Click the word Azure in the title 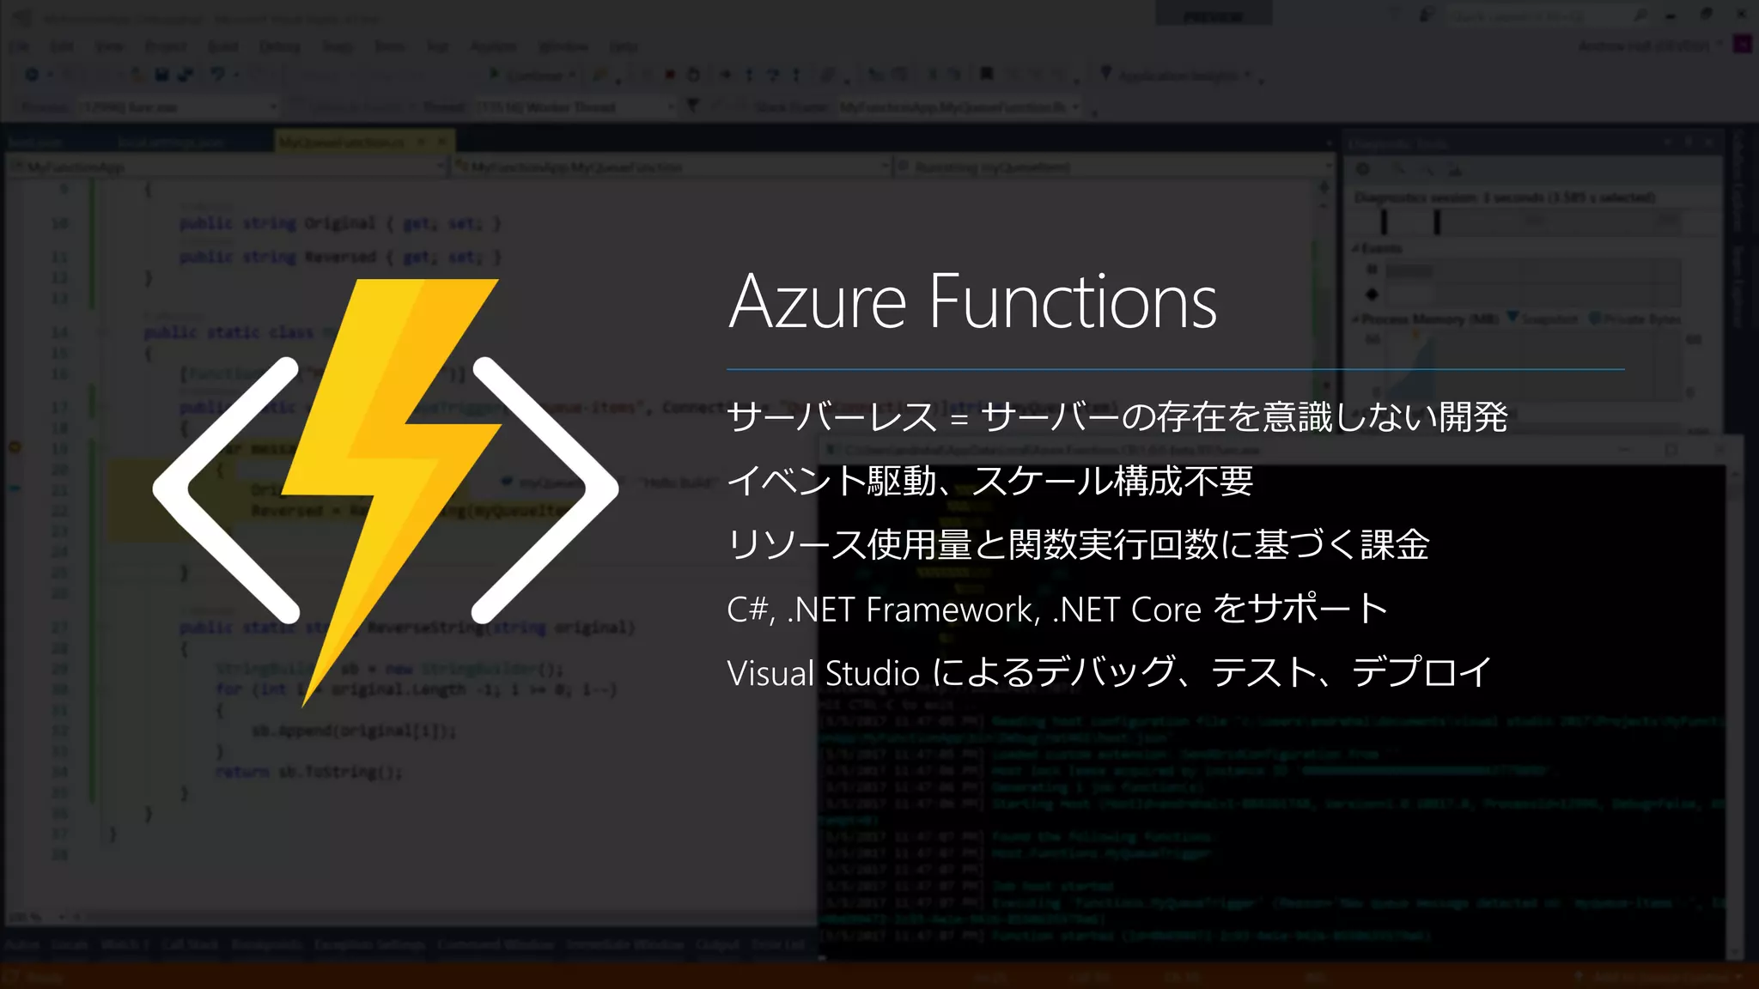tap(817, 302)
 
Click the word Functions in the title tap(1073, 302)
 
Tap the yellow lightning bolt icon tap(391, 481)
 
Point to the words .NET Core tap(1126, 610)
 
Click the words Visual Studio tap(823, 673)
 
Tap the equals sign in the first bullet tap(959, 418)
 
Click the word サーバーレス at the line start tap(831, 417)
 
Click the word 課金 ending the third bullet tap(1395, 545)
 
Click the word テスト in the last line tap(1263, 672)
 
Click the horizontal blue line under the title tap(1175, 369)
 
